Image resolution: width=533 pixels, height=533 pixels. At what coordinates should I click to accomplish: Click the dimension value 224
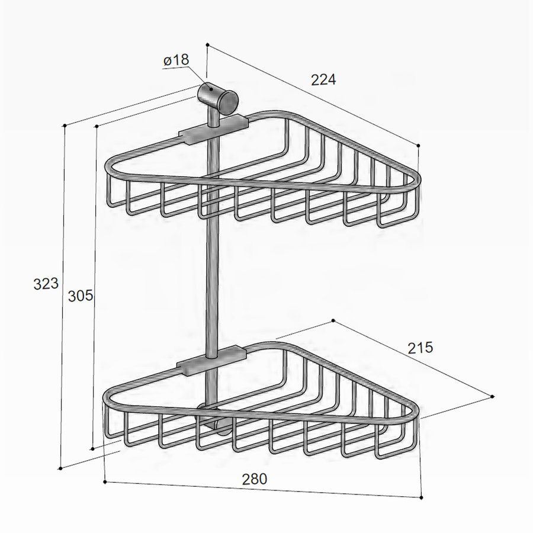[324, 79]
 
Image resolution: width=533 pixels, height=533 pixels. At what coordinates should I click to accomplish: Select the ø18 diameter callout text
[176, 60]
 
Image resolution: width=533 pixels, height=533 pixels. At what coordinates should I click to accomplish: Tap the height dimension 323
[46, 284]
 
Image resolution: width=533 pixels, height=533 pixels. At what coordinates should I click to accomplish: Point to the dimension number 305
[81, 295]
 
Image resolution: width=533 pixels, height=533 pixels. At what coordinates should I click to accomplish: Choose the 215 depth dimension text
[420, 348]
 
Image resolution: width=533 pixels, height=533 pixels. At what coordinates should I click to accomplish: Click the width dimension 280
[255, 479]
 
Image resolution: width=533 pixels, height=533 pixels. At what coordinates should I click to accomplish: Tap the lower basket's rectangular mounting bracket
[212, 359]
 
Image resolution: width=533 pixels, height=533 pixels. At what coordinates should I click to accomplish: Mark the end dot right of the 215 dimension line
[493, 396]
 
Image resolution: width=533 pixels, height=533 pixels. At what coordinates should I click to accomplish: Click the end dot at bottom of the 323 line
[60, 468]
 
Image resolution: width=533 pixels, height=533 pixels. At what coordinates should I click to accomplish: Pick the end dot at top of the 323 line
[64, 126]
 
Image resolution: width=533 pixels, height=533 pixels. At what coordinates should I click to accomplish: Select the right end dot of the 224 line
[419, 145]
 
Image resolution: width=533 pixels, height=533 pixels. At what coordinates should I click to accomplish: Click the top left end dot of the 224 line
[207, 44]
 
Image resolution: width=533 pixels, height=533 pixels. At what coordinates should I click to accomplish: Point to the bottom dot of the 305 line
[92, 448]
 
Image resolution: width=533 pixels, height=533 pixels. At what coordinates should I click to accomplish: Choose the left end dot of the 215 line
[333, 320]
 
